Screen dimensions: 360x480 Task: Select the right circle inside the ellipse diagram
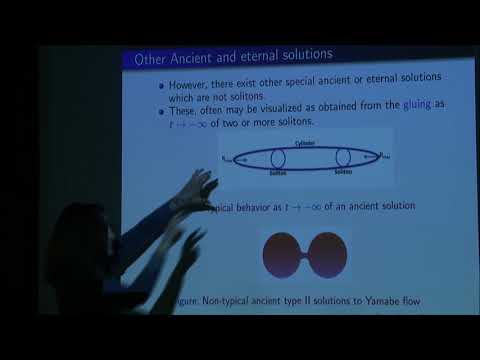click(344, 158)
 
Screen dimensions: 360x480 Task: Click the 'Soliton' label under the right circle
click(344, 173)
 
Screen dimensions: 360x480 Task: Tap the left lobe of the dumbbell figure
click(282, 255)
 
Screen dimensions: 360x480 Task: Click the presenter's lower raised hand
click(190, 240)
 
